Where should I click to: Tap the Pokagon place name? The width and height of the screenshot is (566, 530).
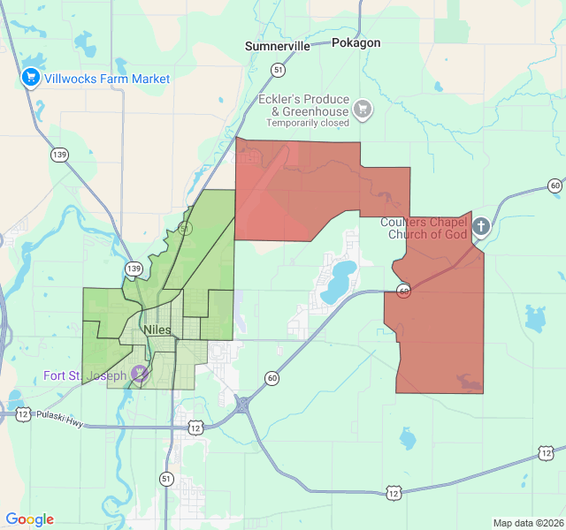[356, 42]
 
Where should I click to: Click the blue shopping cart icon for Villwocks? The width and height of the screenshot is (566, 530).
[31, 78]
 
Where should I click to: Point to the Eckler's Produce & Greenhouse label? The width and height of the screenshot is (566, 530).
[303, 105]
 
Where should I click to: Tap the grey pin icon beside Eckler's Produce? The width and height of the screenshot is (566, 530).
[362, 110]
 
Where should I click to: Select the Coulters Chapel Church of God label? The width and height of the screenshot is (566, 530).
[424, 228]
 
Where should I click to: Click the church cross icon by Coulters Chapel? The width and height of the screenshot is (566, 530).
[480, 226]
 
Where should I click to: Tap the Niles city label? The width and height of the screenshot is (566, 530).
[157, 329]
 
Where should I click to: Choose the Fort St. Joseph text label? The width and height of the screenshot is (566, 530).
[85, 375]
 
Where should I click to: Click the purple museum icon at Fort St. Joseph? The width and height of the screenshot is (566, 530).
[139, 374]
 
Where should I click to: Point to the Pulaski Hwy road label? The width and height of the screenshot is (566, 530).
[60, 420]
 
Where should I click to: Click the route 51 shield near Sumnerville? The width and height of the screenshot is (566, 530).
[279, 69]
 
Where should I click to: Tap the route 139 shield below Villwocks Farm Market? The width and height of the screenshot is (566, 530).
[59, 155]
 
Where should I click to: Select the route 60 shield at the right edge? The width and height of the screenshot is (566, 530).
[555, 185]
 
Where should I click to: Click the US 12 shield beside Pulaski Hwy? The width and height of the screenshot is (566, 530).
[22, 413]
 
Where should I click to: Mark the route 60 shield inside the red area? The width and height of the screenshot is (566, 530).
[402, 291]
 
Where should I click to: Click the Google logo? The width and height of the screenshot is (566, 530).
[30, 519]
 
